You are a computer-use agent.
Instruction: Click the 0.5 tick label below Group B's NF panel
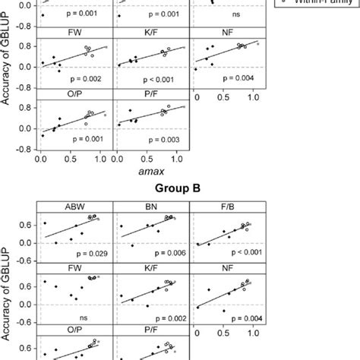pos(225,334)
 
